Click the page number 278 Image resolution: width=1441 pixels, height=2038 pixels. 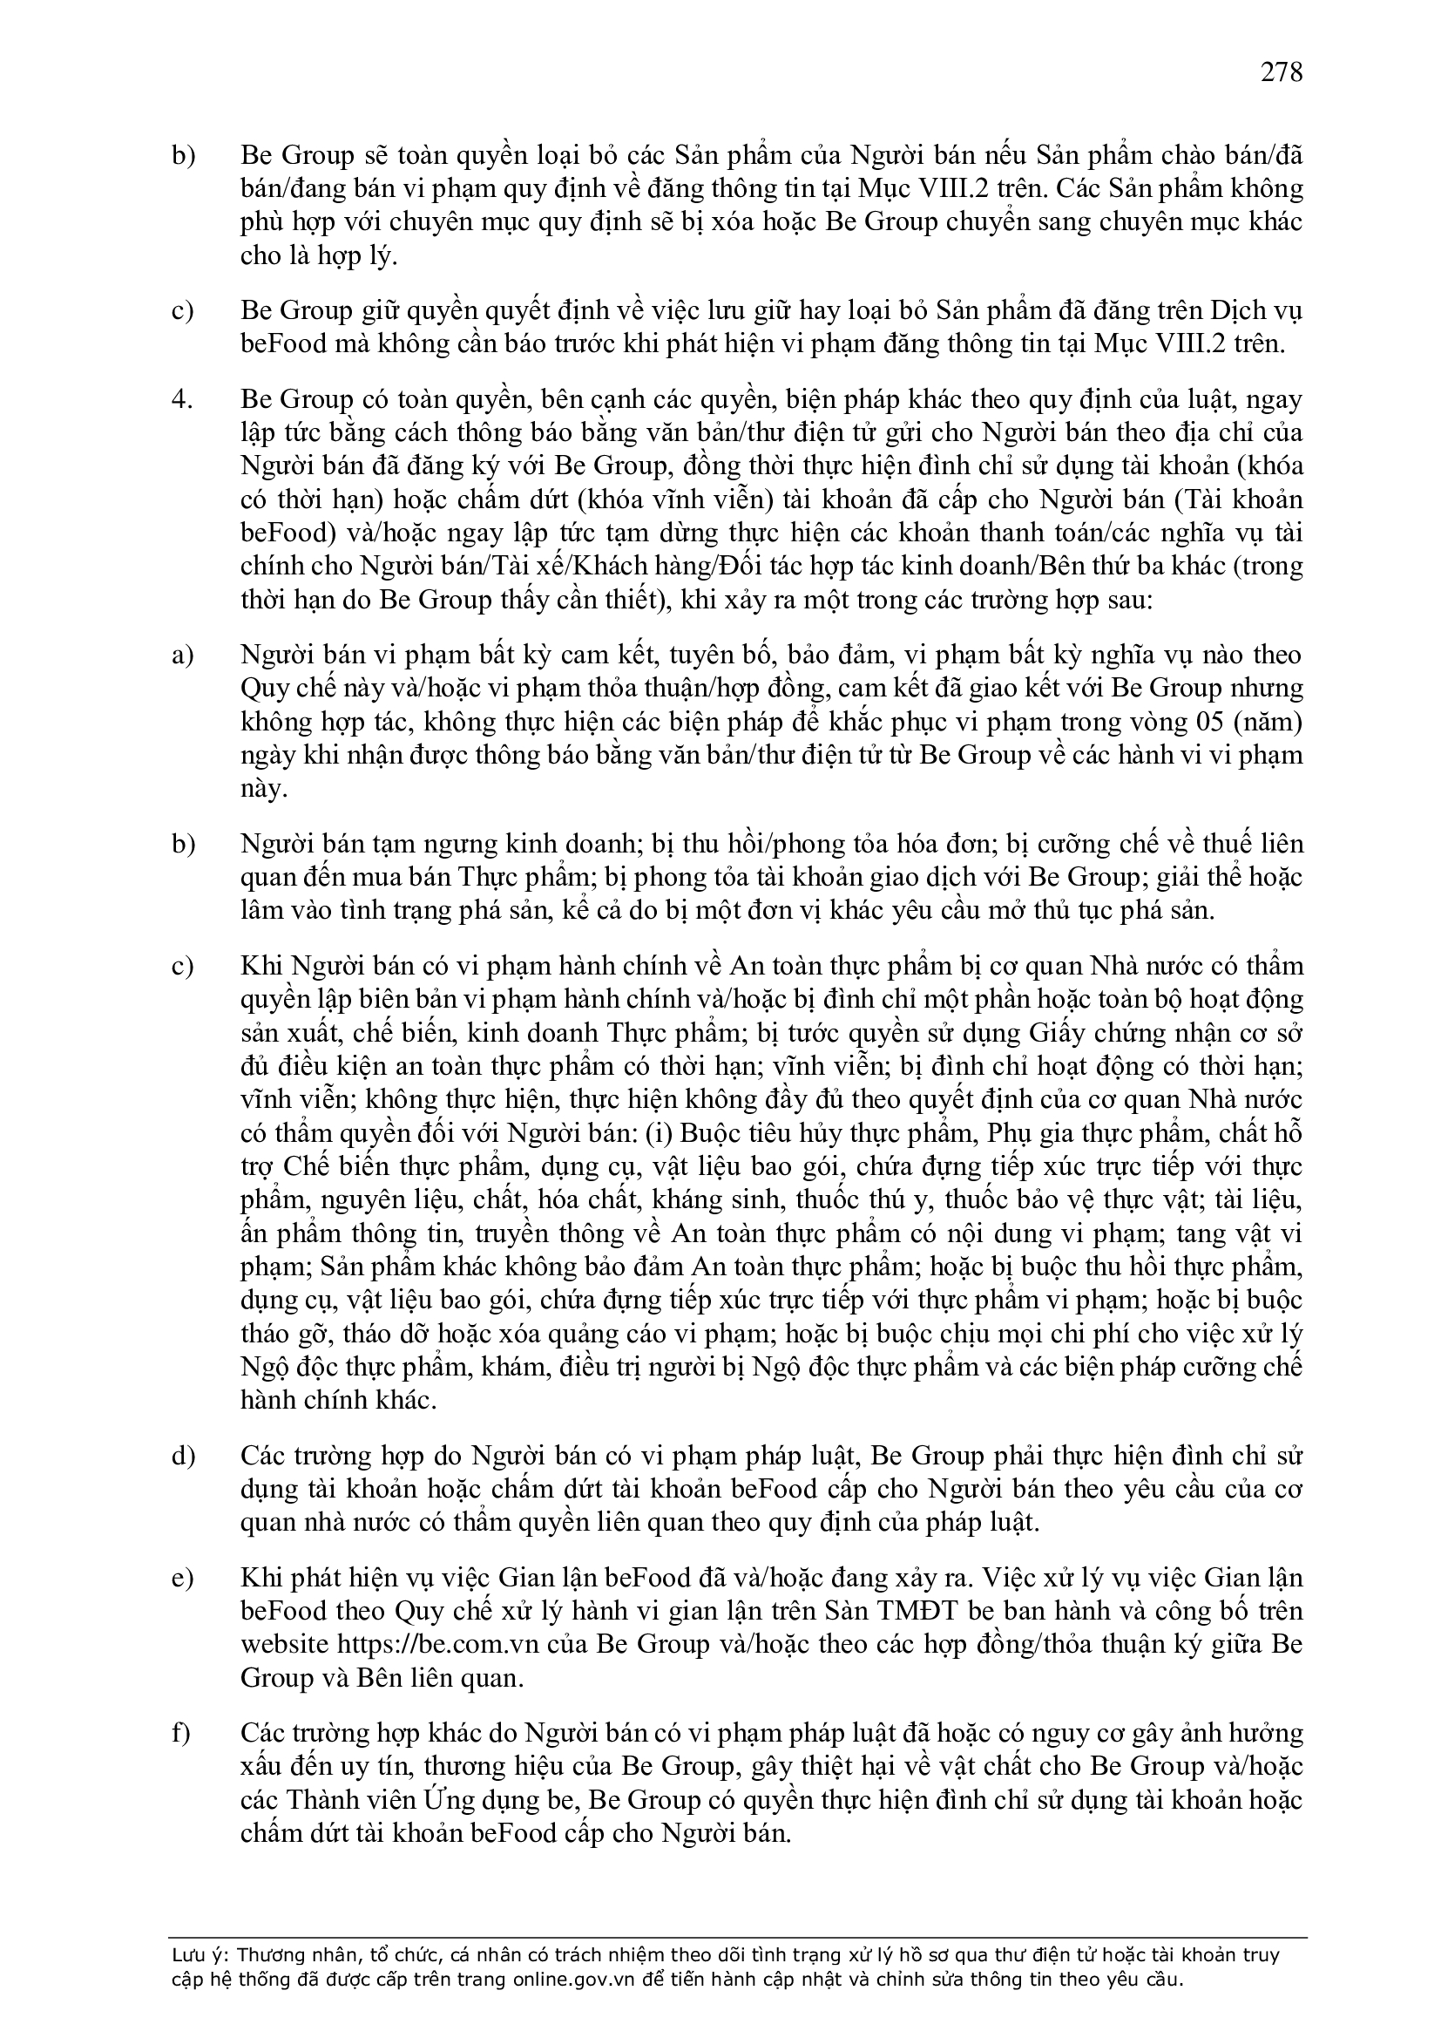point(1282,71)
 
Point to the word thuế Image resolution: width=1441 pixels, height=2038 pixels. point(1214,844)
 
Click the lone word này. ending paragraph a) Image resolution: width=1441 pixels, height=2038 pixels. point(263,789)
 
